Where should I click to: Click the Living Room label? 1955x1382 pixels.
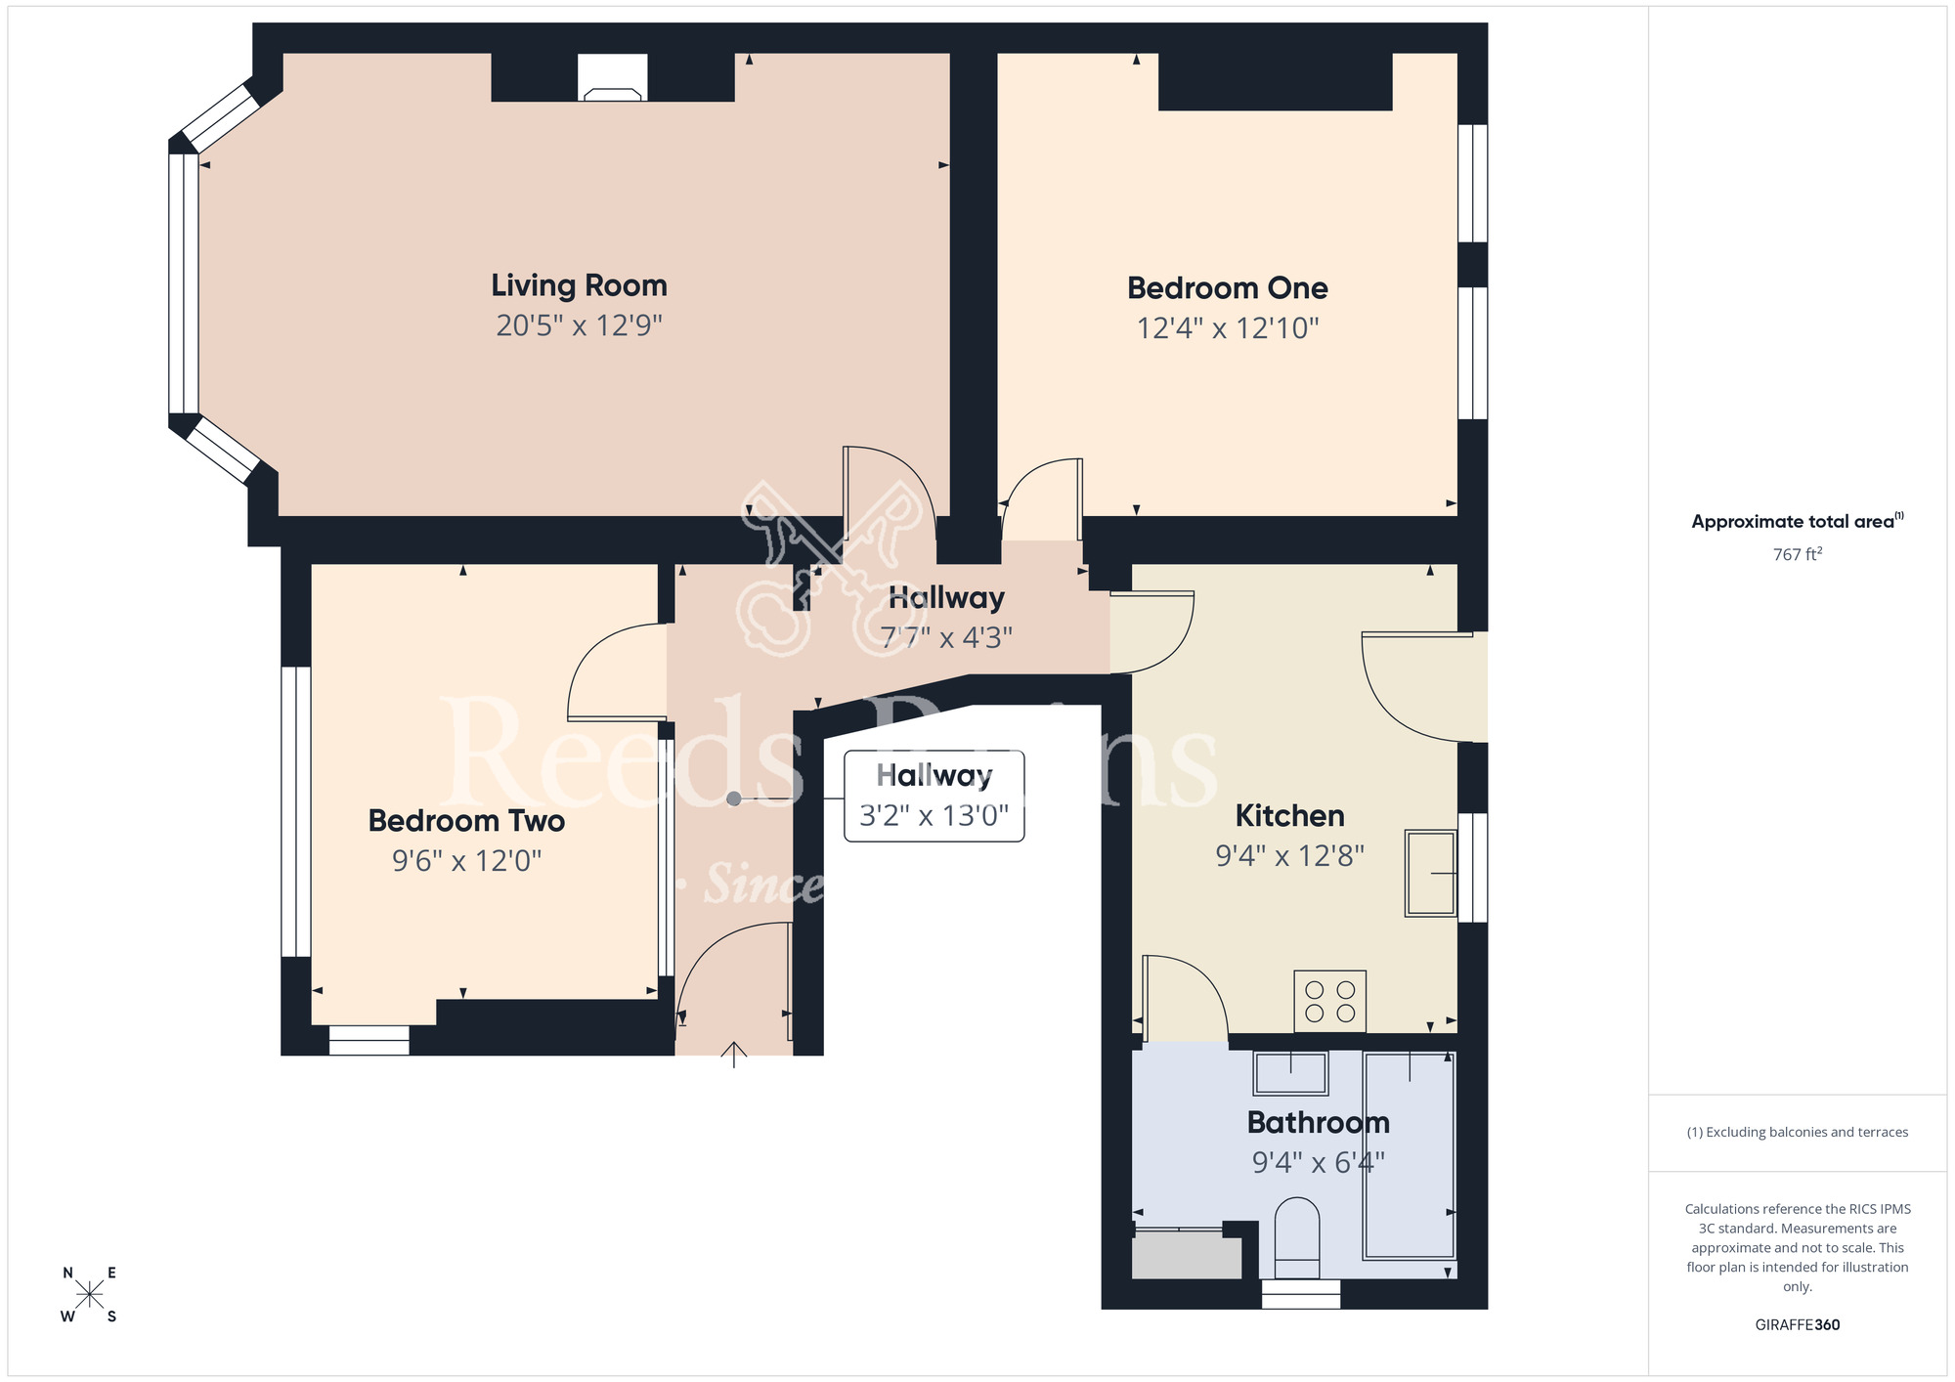(579, 285)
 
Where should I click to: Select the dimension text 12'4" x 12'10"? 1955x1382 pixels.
(1227, 328)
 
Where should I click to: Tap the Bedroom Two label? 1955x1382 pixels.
(466, 821)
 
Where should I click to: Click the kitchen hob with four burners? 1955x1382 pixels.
(1329, 1002)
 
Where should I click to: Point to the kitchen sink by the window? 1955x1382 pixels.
(1430, 873)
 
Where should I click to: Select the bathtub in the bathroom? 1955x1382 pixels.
(1409, 1155)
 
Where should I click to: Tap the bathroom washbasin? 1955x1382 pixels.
(1290, 1073)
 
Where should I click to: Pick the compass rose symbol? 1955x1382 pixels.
(89, 1295)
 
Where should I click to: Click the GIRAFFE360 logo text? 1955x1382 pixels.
(1797, 1325)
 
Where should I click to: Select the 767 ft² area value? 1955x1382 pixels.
(1797, 554)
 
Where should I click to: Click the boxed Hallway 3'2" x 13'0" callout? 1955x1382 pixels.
(934, 797)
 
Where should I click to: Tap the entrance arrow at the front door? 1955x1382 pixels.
(734, 1054)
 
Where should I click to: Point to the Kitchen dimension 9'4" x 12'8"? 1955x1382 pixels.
(1289, 856)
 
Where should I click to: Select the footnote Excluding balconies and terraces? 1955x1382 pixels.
(1797, 1133)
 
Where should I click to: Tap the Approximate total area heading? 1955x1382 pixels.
(1797, 521)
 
